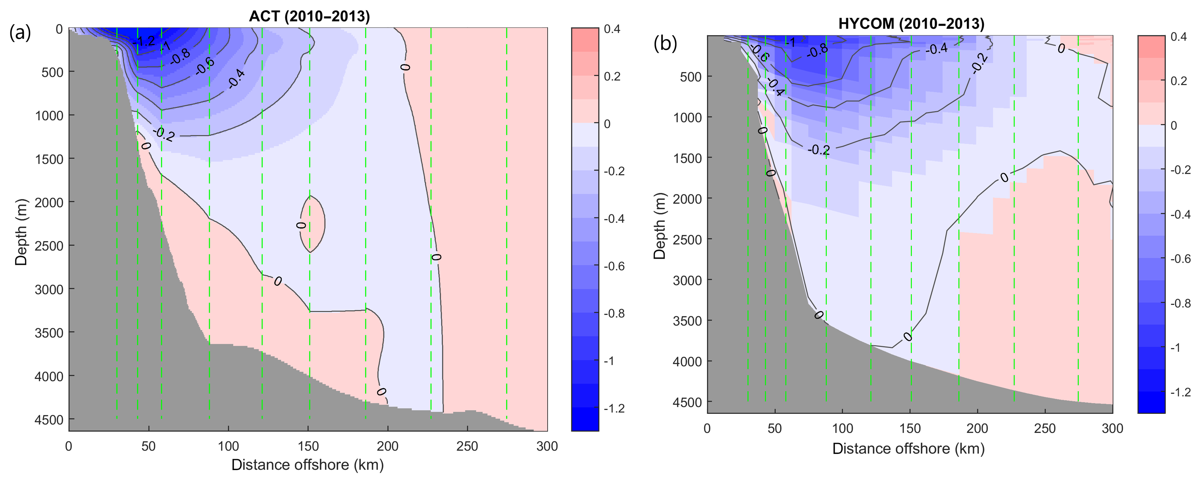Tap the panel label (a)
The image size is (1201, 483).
(20, 33)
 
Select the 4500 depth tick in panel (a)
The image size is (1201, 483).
(49, 420)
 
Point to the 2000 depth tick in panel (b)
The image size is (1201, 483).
(688, 199)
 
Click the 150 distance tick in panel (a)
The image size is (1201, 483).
(308, 446)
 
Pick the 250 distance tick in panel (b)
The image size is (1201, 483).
(1045, 428)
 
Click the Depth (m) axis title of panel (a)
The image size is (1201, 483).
(21, 232)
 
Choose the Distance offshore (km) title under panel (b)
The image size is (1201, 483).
(908, 448)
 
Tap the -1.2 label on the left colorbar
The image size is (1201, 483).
(614, 408)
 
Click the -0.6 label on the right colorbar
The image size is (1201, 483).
(1181, 259)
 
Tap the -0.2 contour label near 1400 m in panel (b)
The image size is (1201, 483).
(819, 150)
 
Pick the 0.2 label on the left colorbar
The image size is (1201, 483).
(612, 76)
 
